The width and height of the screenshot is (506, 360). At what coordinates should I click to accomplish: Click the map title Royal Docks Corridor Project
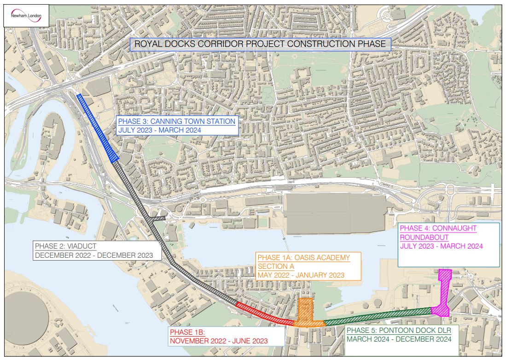260,45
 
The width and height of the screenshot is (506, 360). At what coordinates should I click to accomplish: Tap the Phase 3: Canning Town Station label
177,122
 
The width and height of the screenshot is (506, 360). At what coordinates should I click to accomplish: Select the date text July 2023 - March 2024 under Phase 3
160,130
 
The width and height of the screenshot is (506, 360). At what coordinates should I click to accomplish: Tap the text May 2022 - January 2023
301,276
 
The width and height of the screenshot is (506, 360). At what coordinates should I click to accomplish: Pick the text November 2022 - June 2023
219,341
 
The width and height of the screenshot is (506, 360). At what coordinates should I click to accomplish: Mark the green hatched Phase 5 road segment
378,316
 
